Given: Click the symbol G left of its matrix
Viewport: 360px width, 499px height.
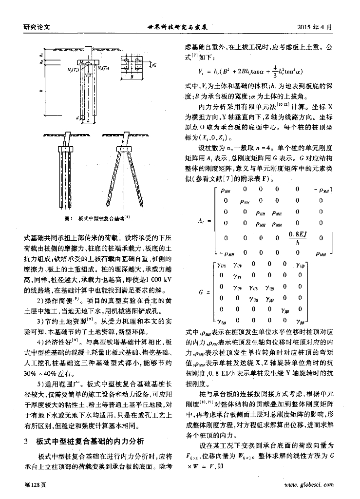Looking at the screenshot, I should pos(201,292).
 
